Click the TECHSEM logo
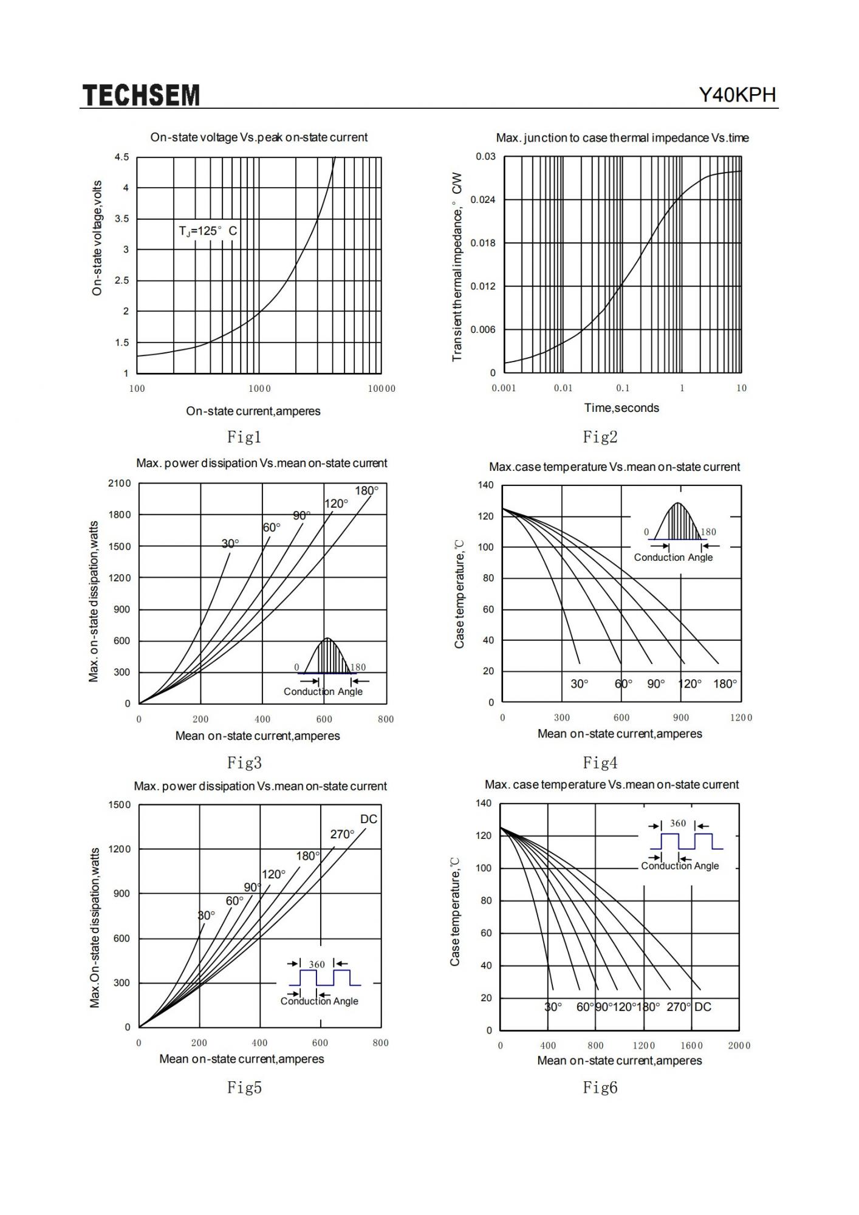(141, 95)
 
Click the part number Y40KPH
(737, 95)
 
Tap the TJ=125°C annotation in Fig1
(208, 231)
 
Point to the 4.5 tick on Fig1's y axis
(121, 157)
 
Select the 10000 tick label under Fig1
(382, 389)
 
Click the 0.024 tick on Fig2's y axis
(483, 200)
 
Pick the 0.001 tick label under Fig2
(504, 388)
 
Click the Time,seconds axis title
(621, 408)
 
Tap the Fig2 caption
(600, 436)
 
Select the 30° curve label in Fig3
(230, 543)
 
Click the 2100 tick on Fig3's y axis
(119, 484)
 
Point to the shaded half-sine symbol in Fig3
(327, 656)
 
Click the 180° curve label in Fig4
(725, 684)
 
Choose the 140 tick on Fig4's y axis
(486, 485)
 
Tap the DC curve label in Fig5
(369, 819)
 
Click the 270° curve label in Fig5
(342, 834)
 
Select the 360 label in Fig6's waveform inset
(678, 824)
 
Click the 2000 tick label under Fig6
(739, 1046)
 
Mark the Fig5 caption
(244, 1087)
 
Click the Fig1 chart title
(259, 137)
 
